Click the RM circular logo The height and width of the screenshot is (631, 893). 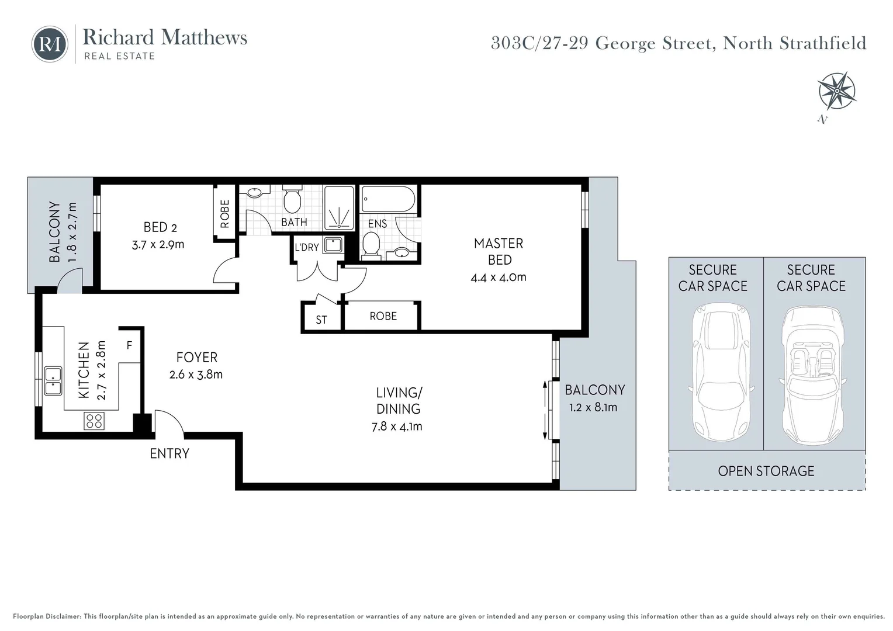[x=50, y=44]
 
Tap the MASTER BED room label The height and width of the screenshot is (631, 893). [x=499, y=251]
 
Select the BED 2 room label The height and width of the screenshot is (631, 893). [x=160, y=227]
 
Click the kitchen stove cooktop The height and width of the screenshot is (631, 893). [x=94, y=421]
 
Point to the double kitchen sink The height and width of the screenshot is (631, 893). [x=53, y=381]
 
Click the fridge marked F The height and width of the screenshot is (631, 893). [x=129, y=345]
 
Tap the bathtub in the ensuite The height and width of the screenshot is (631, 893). [x=387, y=199]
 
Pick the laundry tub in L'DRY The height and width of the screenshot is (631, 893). [x=333, y=244]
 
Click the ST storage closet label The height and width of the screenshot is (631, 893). [x=321, y=320]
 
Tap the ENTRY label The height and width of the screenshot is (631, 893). [x=169, y=453]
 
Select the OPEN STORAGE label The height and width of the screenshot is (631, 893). [x=766, y=471]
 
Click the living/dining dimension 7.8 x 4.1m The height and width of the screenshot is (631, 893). [x=397, y=427]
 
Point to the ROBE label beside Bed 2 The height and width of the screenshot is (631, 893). [x=225, y=214]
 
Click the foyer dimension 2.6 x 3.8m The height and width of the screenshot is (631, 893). [x=196, y=375]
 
